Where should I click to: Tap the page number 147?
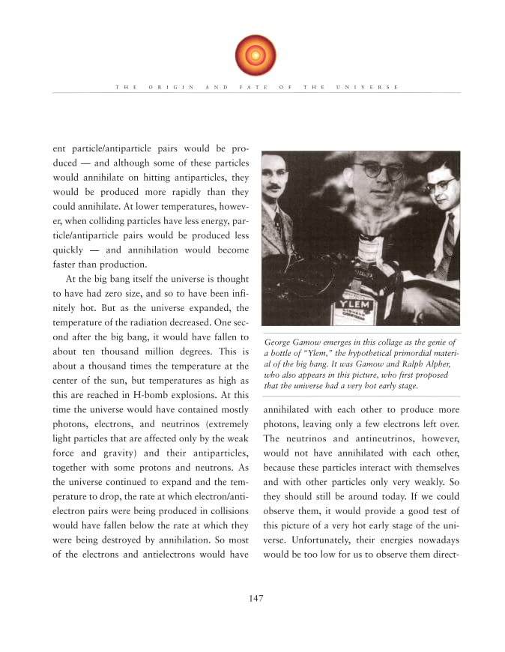[252, 597]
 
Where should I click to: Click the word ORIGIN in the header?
[172, 88]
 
